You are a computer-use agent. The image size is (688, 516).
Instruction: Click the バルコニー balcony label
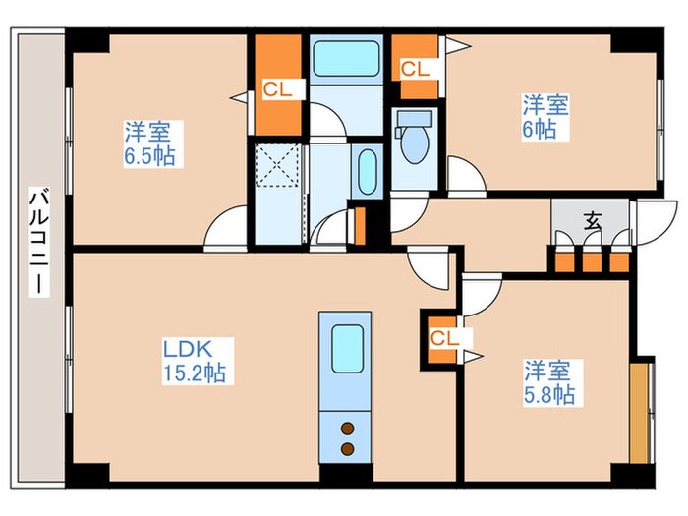click(x=37, y=242)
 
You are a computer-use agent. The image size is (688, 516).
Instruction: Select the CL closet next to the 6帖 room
click(x=415, y=68)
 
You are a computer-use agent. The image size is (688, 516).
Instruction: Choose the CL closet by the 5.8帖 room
click(x=441, y=338)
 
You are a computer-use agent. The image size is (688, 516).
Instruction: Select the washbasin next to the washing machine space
click(x=368, y=173)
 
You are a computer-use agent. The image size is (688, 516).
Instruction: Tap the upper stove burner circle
click(x=346, y=428)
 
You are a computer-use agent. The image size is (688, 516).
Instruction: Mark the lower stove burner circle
click(x=346, y=448)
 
